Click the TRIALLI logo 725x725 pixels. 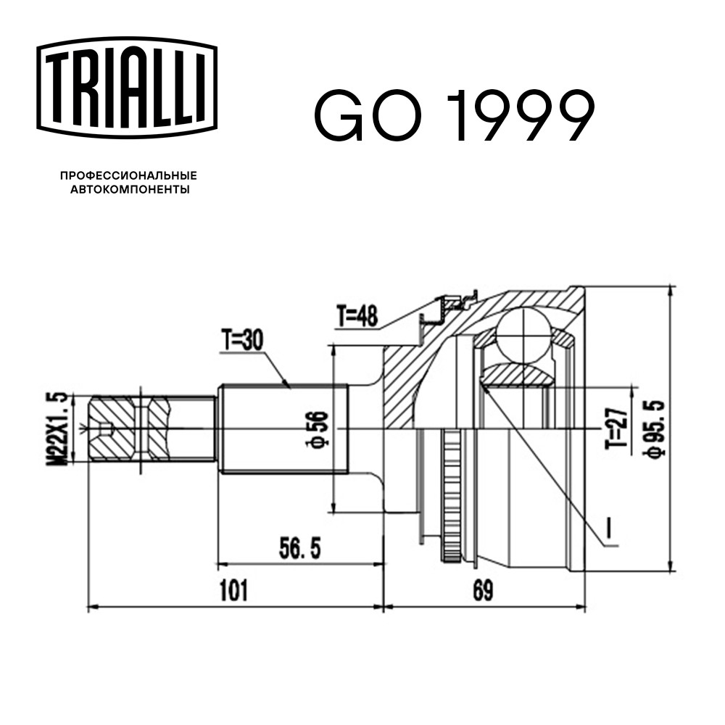tap(127, 88)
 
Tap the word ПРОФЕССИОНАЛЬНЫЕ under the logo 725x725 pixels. tap(128, 175)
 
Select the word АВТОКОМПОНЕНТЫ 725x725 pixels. tap(130, 189)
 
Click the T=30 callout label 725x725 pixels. tap(241, 341)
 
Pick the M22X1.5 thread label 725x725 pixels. tap(57, 429)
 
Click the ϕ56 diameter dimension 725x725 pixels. tap(317, 429)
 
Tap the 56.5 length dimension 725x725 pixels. tap(299, 548)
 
